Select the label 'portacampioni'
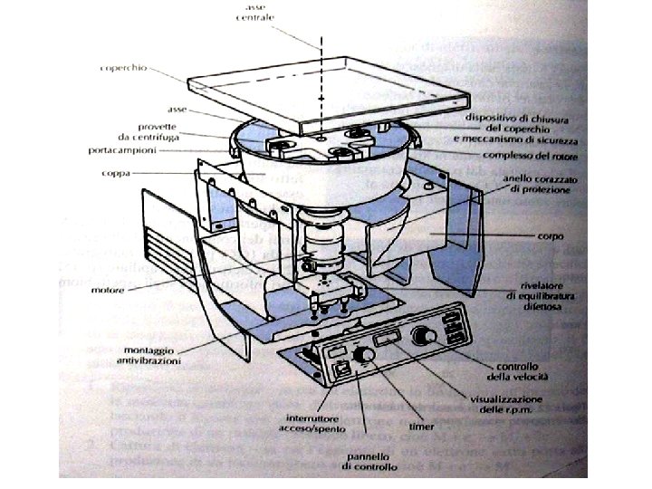[x=120, y=149]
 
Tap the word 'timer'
[x=420, y=426]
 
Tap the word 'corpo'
[x=549, y=236]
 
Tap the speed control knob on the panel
[x=420, y=335]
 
